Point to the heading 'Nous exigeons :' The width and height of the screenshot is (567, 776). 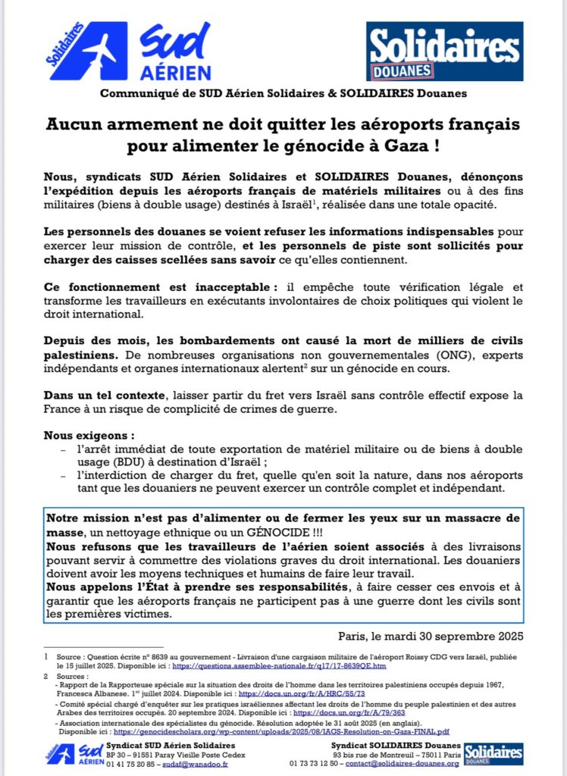[83, 436]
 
